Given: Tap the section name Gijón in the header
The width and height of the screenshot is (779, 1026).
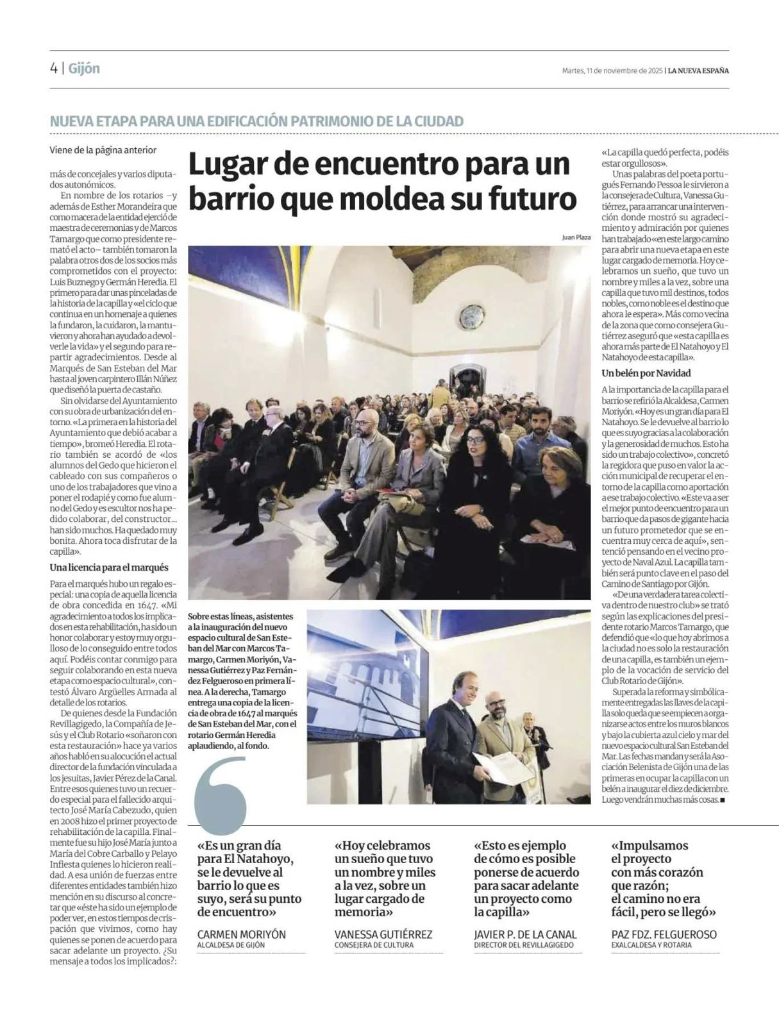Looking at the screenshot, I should [84, 69].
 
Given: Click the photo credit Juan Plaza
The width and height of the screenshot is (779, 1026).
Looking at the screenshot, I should [576, 237].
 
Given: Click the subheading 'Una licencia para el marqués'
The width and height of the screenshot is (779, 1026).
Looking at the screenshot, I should [109, 568].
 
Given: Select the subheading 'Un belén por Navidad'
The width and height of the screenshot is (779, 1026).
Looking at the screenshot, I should [646, 373].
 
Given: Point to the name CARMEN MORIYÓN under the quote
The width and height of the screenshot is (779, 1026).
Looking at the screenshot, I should [241, 934].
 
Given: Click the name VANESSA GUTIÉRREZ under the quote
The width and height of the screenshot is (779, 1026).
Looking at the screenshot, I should [383, 934].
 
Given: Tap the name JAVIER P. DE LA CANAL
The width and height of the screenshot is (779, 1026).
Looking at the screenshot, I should [525, 934].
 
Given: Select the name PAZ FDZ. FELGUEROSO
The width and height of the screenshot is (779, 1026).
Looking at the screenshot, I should [664, 934].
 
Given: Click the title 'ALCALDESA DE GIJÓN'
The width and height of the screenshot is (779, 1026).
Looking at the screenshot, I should [231, 945].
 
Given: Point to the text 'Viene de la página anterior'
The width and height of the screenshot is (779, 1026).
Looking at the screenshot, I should [103, 150].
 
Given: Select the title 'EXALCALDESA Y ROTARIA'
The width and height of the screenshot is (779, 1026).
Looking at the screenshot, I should [651, 945].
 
